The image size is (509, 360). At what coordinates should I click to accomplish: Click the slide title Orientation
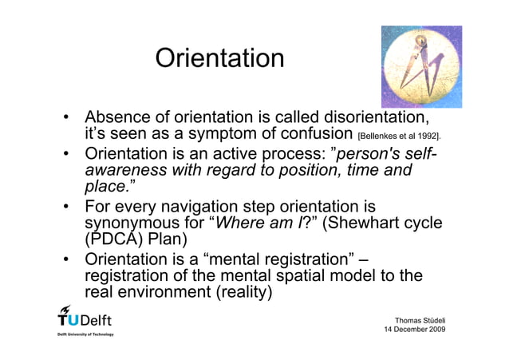219,58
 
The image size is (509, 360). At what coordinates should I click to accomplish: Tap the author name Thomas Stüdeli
417,317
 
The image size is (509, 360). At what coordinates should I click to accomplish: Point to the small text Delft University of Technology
85,334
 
